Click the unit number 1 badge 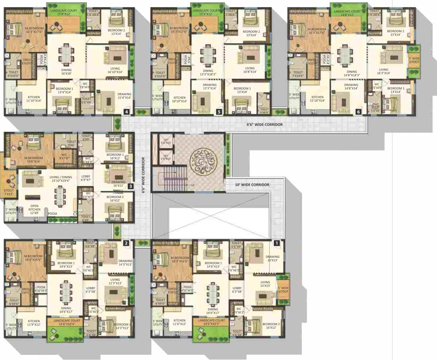[x=277, y=243]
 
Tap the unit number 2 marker [x=126, y=243]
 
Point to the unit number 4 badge [x=127, y=112]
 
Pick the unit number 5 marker [x=218, y=112]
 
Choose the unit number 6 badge [x=358, y=112]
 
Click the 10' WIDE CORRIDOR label [x=252, y=185]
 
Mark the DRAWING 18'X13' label [x=272, y=258]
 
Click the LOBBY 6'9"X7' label [x=86, y=178]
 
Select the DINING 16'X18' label [x=67, y=71]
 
